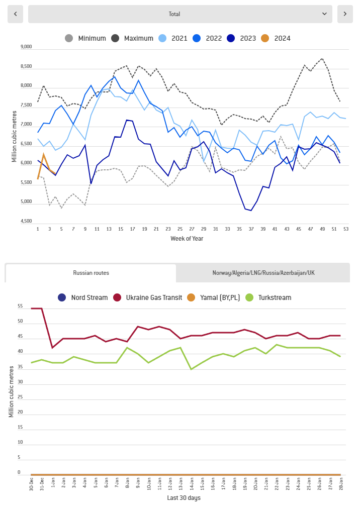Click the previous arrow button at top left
click(x=15, y=14)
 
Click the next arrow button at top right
click(x=345, y=14)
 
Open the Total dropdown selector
click(x=180, y=14)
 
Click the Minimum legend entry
click(x=86, y=38)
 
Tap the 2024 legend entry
click(x=277, y=38)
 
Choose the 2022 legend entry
click(x=208, y=38)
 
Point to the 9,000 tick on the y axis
click(x=26, y=47)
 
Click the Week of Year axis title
click(x=187, y=239)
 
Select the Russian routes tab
click(x=91, y=273)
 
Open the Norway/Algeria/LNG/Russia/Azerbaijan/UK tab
click(x=262, y=273)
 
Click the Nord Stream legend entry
click(x=83, y=297)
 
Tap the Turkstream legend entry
click(x=268, y=297)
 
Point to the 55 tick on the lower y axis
click(x=20, y=306)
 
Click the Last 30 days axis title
click(x=184, y=498)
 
